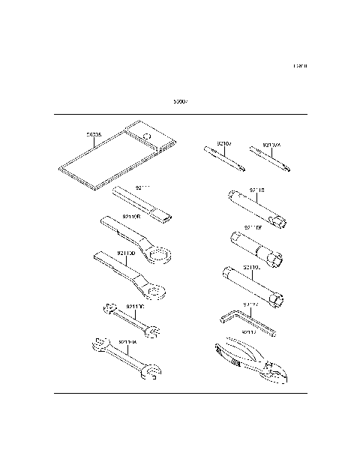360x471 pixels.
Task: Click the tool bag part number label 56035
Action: [94, 136]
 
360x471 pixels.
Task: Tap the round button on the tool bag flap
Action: [148, 137]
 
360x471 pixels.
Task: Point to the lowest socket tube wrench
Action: [255, 286]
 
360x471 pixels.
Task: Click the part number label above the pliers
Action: [250, 331]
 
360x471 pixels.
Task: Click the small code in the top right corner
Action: [300, 67]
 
